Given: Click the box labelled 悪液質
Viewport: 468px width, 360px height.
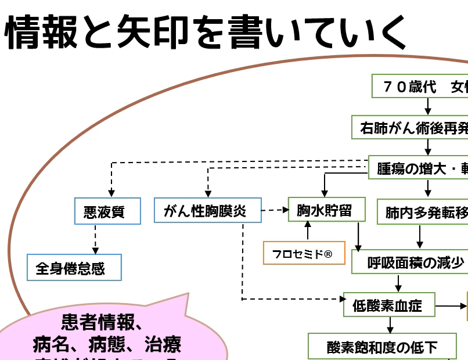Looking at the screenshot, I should click(x=108, y=211).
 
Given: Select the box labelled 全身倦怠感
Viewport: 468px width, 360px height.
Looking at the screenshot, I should click(x=74, y=268).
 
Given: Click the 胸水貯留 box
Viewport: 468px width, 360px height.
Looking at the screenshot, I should click(x=326, y=210).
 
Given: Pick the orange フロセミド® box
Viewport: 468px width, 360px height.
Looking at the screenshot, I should click(x=303, y=253).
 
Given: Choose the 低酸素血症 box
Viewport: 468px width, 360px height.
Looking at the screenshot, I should click(x=388, y=304).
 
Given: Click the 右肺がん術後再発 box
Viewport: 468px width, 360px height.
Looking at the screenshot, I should click(x=413, y=128).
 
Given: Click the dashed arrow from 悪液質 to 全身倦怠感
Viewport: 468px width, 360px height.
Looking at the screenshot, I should click(x=94, y=239).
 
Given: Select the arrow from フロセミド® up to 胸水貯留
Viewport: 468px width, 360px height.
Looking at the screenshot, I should click(x=308, y=231).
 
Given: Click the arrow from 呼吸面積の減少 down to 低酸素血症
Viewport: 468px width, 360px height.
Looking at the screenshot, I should click(x=399, y=283).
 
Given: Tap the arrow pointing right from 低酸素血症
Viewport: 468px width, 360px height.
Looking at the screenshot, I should click(x=451, y=305).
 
